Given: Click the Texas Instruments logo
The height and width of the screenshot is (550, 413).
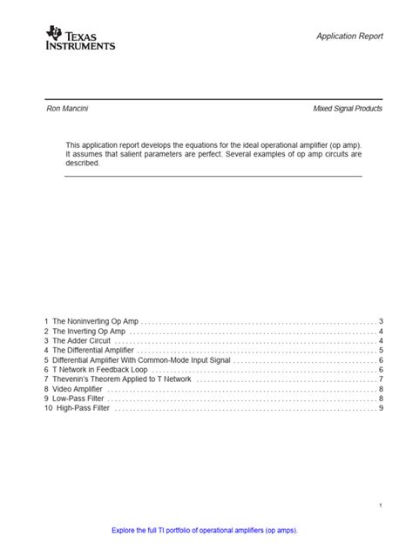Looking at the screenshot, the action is pos(79,37).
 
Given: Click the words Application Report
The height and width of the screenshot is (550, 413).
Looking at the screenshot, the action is pos(349,36).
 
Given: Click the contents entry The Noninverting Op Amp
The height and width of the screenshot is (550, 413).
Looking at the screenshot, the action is pos(95,321).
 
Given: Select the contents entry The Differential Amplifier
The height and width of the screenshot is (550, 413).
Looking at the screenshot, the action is pos(93,351).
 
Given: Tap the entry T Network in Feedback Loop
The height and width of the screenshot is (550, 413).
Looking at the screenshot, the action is pos(98,370).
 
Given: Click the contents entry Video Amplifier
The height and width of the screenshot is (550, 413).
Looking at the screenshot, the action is pos(78,389).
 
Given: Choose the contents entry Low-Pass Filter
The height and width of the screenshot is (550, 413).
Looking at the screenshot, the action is pos(77,399).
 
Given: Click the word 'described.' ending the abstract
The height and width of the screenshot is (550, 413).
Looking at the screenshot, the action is pos(83,163).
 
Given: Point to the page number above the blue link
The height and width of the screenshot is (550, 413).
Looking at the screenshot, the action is pos(381,506).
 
